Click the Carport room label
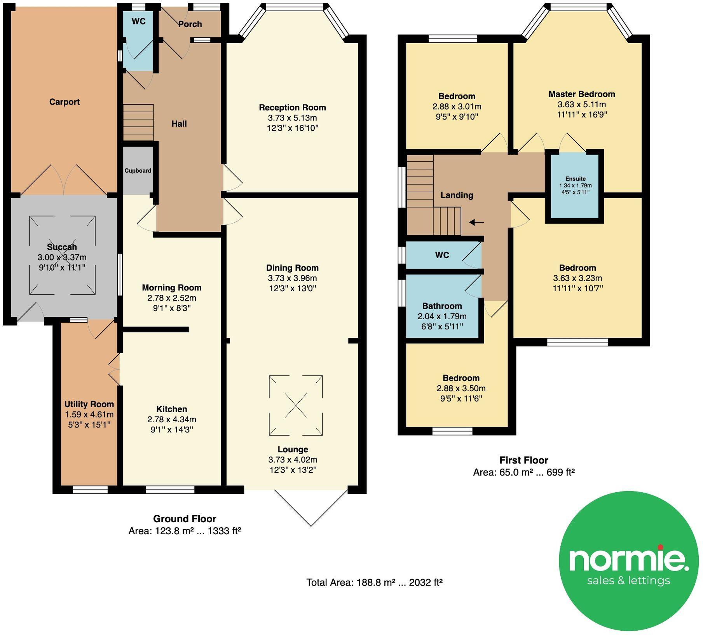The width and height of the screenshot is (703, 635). (x=64, y=102)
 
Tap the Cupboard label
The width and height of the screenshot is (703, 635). (x=138, y=171)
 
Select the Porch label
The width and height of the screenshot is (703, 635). (x=190, y=24)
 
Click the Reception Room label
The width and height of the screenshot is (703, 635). (x=292, y=107)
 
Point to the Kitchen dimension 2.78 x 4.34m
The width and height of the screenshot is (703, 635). (x=172, y=419)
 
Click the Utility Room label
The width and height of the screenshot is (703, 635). (x=89, y=404)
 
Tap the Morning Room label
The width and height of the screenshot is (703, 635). (x=172, y=288)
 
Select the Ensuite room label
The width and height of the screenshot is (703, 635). (x=576, y=178)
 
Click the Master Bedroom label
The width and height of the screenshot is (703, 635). (x=582, y=94)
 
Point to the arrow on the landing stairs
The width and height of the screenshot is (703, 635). (x=476, y=222)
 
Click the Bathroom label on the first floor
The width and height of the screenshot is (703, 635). (x=442, y=306)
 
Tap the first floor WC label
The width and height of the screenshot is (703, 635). (x=442, y=255)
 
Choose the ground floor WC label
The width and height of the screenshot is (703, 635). (x=139, y=21)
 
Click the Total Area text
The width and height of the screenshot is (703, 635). (x=374, y=583)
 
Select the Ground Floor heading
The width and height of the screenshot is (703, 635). (x=185, y=519)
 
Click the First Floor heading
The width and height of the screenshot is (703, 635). (x=524, y=460)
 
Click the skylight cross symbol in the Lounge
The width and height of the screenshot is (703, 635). (x=296, y=405)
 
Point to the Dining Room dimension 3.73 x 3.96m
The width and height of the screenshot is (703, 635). (x=292, y=278)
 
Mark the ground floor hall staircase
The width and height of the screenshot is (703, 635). (x=138, y=122)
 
